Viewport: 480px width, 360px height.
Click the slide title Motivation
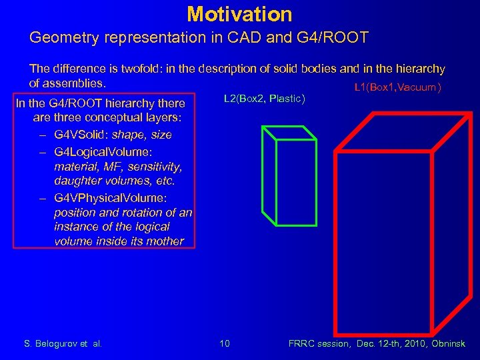[239, 13]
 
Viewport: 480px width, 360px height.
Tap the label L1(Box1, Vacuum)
[397, 87]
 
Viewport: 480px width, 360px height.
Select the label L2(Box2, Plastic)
[265, 99]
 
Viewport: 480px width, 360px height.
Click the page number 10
[225, 343]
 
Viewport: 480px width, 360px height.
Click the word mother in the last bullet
[164, 241]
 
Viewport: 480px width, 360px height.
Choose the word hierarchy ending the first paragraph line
[418, 69]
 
